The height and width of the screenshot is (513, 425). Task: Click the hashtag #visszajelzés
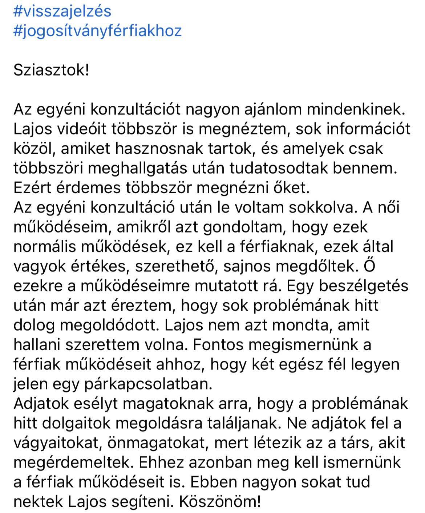point(62,11)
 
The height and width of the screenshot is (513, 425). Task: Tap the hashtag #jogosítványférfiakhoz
point(97,31)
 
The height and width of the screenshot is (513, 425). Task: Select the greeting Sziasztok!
point(51,70)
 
